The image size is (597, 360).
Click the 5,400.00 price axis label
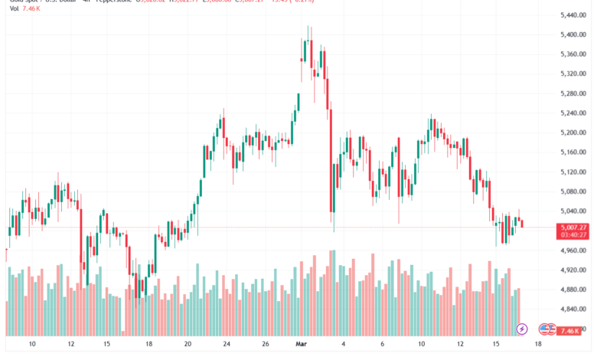tap(574, 34)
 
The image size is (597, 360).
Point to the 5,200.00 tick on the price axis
tap(574, 133)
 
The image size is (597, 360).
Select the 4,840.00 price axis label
tap(574, 309)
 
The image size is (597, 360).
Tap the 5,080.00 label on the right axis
tap(574, 191)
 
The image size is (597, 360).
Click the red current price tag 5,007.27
tap(574, 227)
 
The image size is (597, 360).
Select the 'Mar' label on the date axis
tap(301, 345)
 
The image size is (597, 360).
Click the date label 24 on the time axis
tap(227, 345)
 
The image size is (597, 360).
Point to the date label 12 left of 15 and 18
tap(71, 345)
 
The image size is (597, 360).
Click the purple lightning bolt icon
tap(522, 329)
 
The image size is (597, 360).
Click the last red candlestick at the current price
tap(522, 223)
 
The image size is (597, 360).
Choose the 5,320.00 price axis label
tap(574, 74)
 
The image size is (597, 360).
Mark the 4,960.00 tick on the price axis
tap(574, 250)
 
